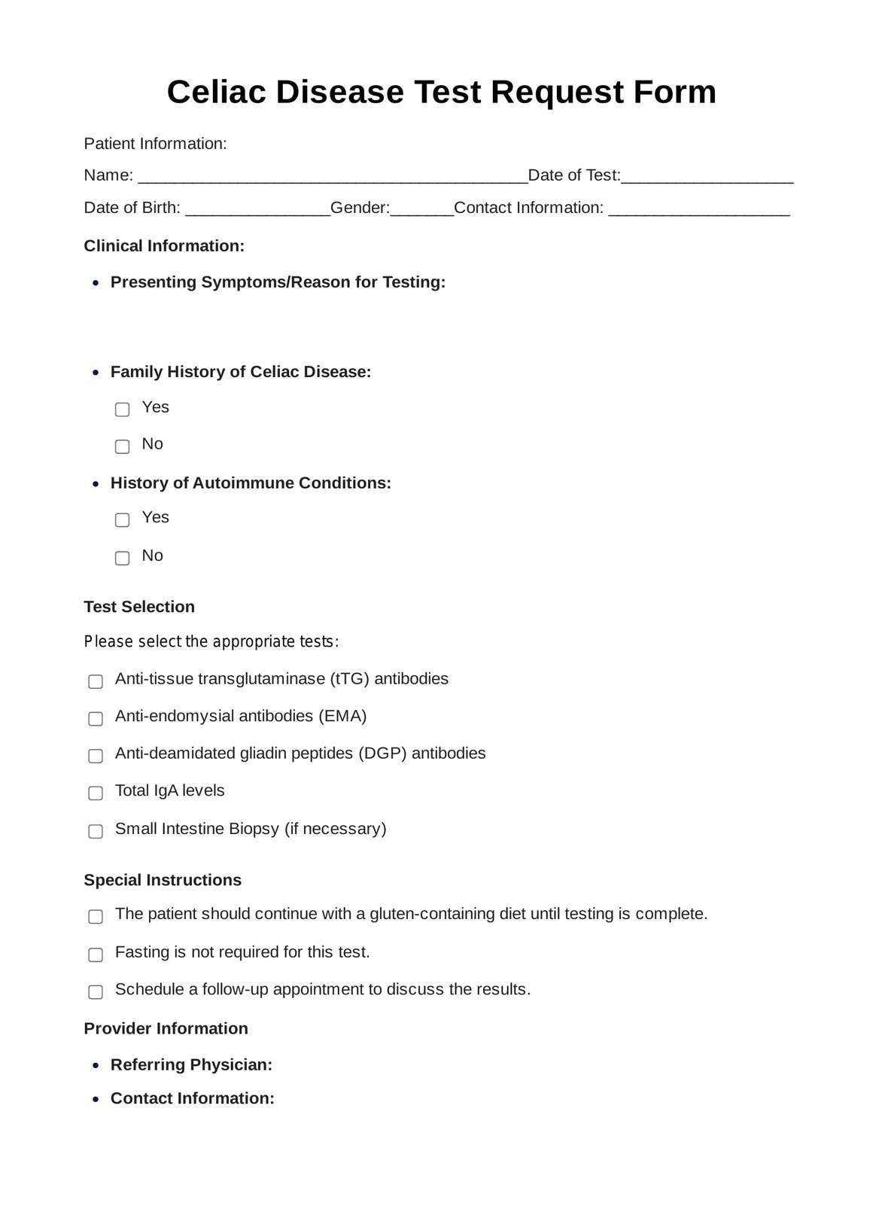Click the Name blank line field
(333, 177)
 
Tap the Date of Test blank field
(707, 177)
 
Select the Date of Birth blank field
(257, 209)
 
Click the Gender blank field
(421, 209)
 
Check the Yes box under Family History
(122, 410)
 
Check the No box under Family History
(122, 446)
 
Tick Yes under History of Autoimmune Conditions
(122, 520)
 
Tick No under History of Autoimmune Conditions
(122, 558)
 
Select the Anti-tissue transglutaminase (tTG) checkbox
(96, 681)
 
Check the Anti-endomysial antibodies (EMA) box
(96, 719)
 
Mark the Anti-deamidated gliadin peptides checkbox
(96, 756)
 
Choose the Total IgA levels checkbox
(96, 793)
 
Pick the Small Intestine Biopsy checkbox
(96, 831)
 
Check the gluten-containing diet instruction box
(96, 917)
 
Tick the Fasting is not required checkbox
(96, 955)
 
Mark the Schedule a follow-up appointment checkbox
(96, 992)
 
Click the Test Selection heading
(139, 607)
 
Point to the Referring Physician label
(191, 1064)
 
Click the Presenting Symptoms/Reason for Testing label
(278, 282)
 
